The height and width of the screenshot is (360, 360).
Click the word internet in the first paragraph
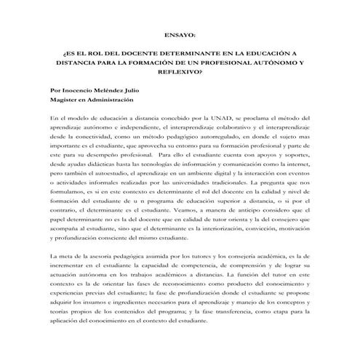(303, 165)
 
